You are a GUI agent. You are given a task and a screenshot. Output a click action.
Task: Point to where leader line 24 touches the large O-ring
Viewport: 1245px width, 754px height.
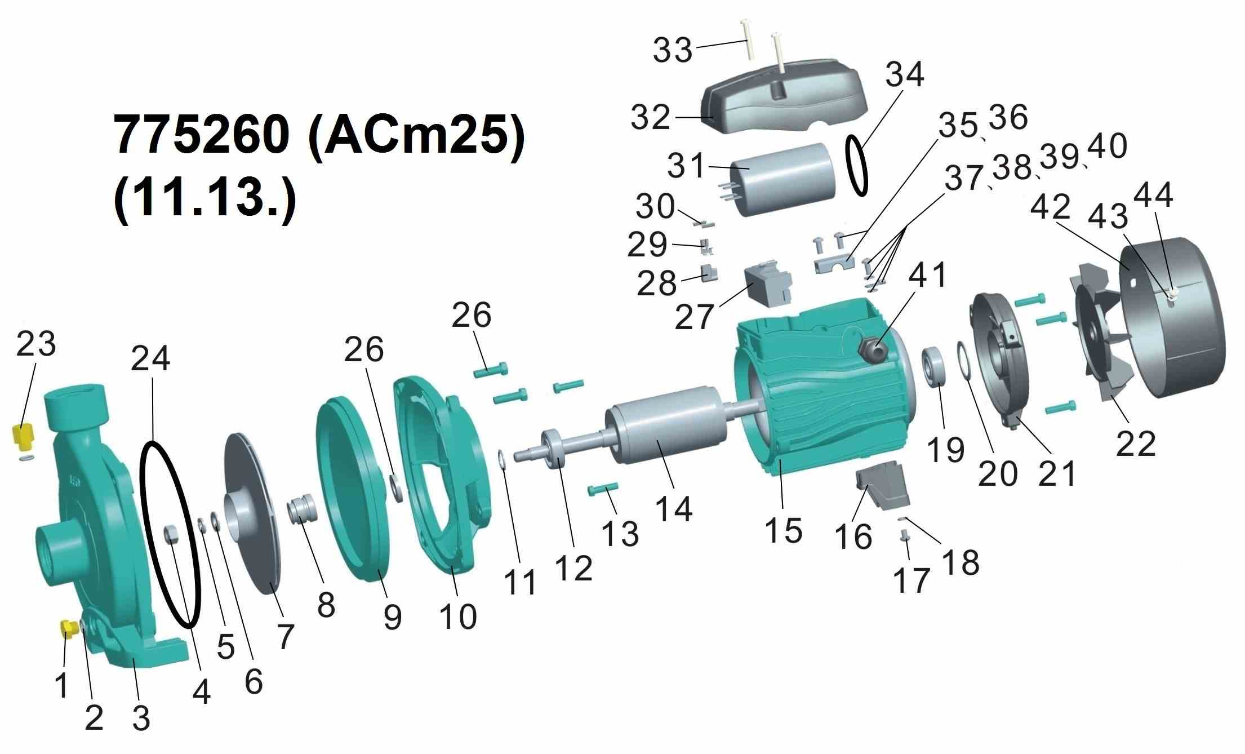(x=153, y=443)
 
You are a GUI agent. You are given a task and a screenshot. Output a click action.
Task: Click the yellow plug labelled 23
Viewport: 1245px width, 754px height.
(x=23, y=438)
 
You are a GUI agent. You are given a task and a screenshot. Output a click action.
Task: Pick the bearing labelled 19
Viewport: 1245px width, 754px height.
(x=935, y=367)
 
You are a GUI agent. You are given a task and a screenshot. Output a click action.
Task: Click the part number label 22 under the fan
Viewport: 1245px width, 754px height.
(x=1136, y=443)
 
